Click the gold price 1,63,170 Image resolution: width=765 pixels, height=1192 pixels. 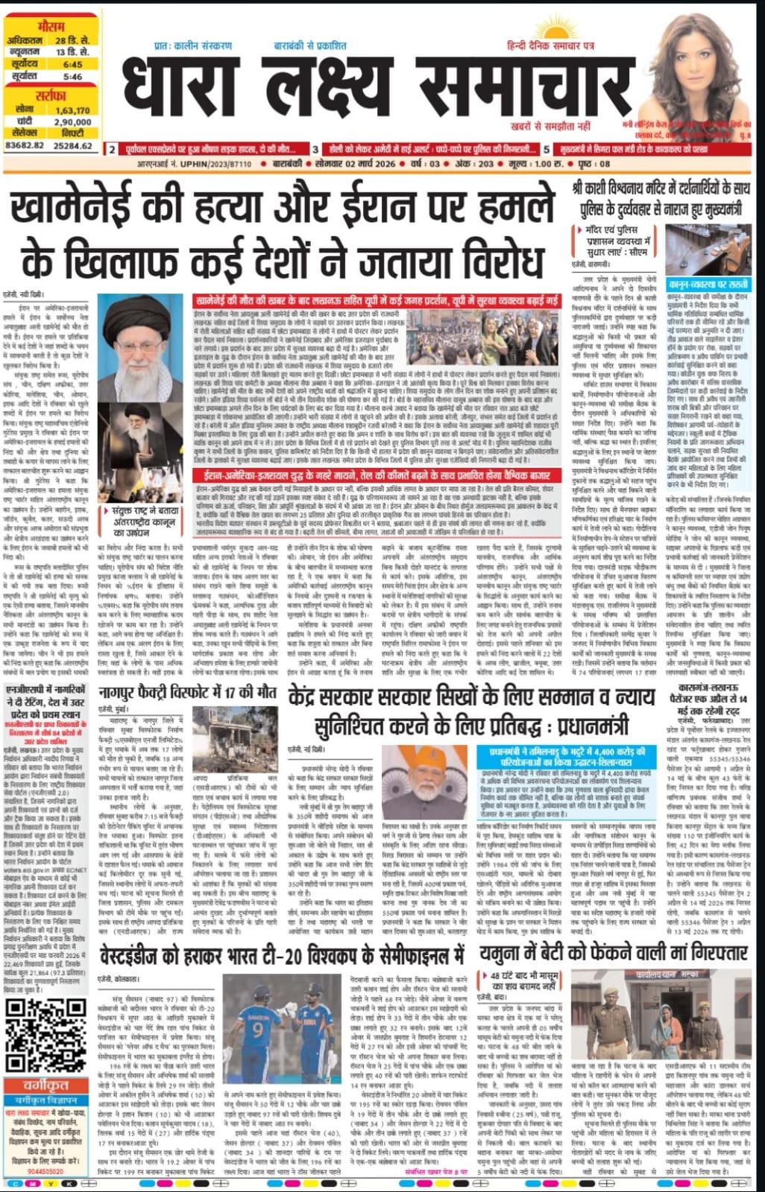(x=72, y=110)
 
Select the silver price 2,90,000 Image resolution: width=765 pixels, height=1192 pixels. (x=72, y=121)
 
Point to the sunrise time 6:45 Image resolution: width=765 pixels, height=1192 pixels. (x=72, y=65)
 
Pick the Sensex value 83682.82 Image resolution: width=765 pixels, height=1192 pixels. (x=27, y=146)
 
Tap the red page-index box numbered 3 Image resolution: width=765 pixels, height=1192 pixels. (x=315, y=149)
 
